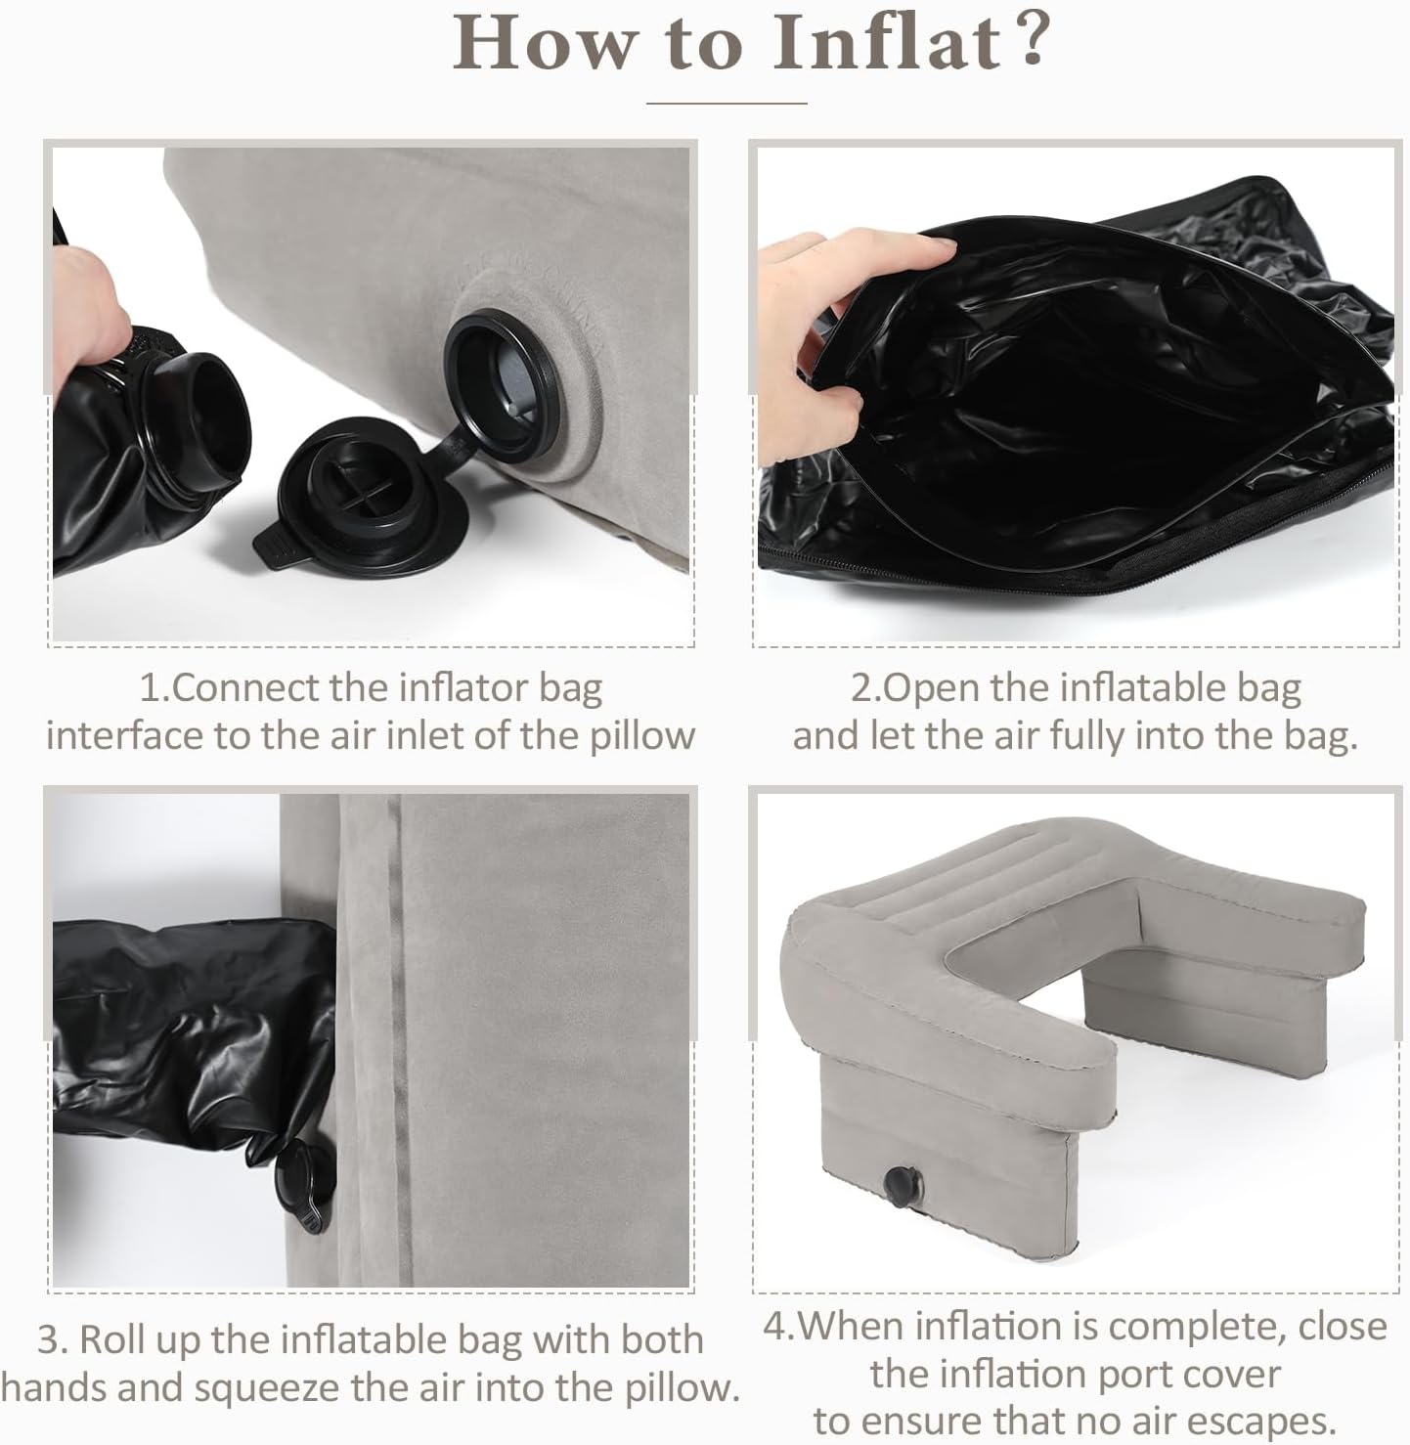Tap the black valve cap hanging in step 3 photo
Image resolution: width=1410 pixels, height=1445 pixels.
[305, 1186]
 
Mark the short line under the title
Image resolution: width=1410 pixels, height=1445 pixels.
[727, 103]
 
